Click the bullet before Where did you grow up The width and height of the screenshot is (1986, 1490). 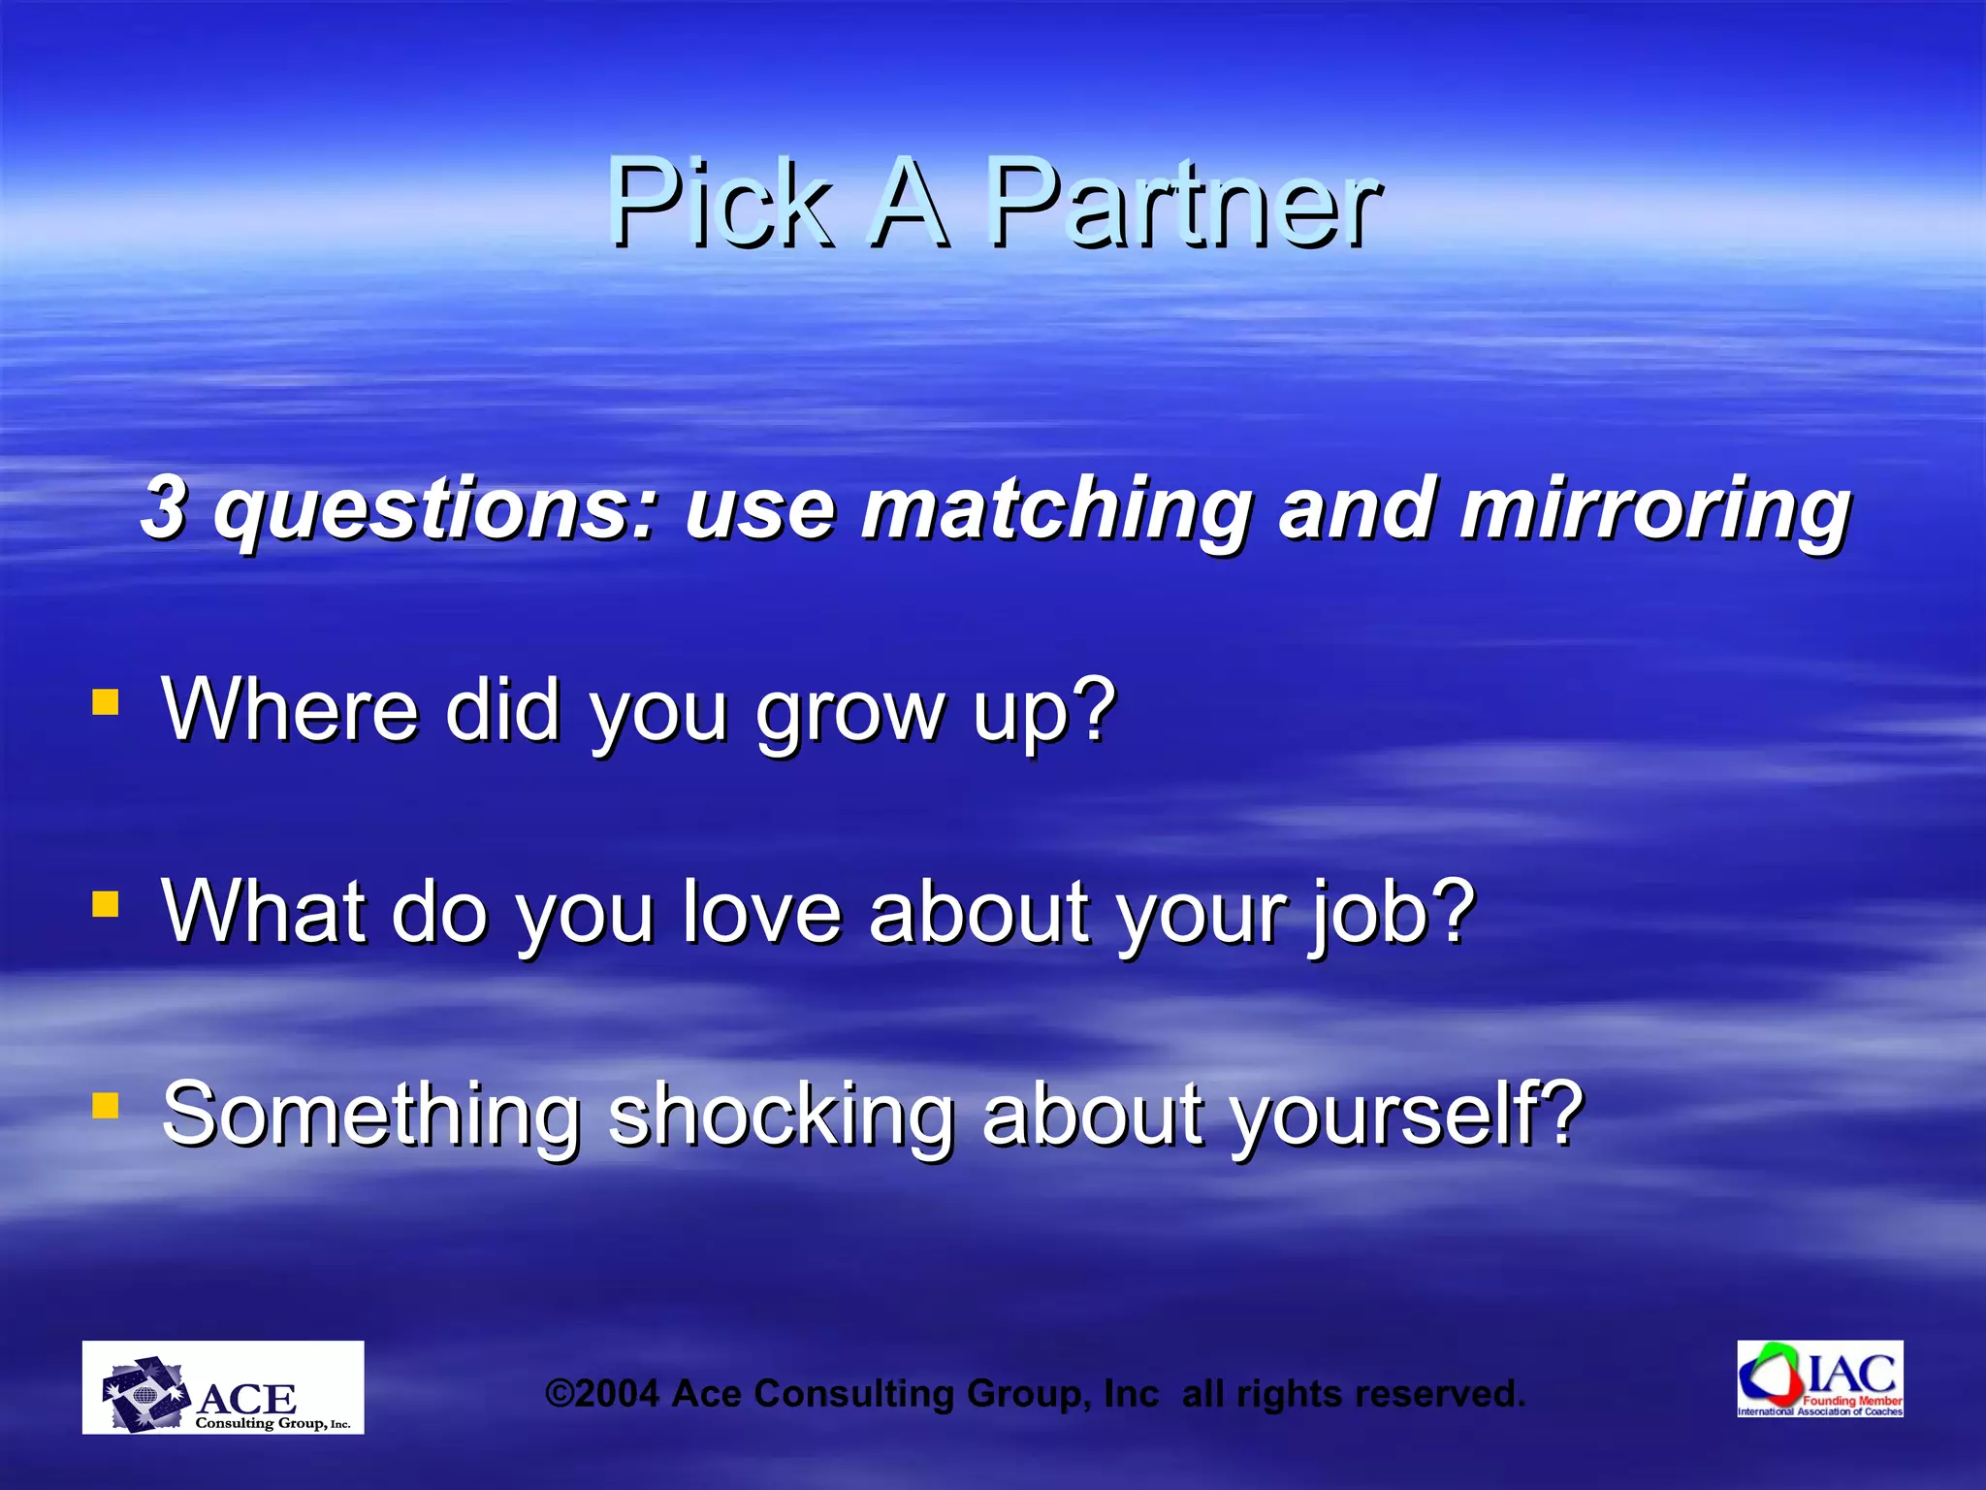pyautogui.click(x=105, y=701)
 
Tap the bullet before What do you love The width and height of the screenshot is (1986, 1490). pyautogui.click(x=105, y=904)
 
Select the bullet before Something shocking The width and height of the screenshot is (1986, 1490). pyautogui.click(x=105, y=1105)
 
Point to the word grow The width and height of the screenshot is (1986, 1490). pyautogui.click(x=849, y=713)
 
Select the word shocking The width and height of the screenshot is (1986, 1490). pyautogui.click(x=781, y=1115)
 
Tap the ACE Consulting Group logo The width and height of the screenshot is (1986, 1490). pyautogui.click(x=223, y=1387)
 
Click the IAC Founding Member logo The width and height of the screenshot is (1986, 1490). pyautogui.click(x=1819, y=1378)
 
